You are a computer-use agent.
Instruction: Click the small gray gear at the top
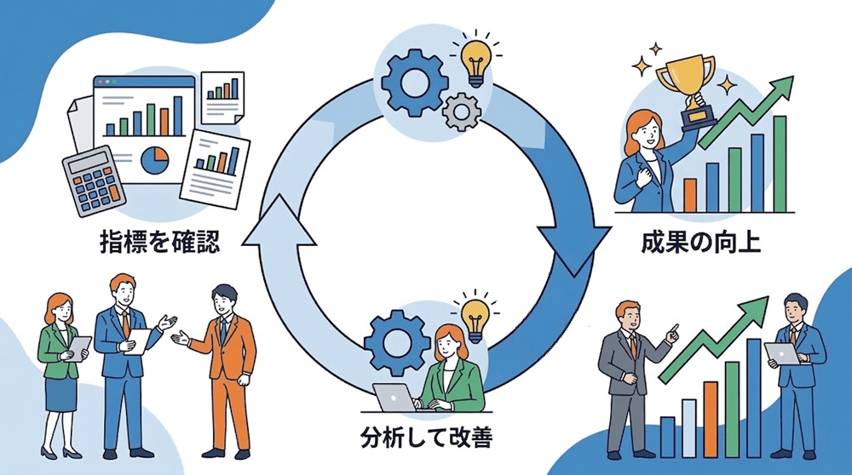pos(463,111)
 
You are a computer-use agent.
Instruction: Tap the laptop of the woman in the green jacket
pos(394,397)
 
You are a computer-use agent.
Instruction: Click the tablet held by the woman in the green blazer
pos(79,347)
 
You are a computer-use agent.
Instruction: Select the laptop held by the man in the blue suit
pos(783,352)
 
